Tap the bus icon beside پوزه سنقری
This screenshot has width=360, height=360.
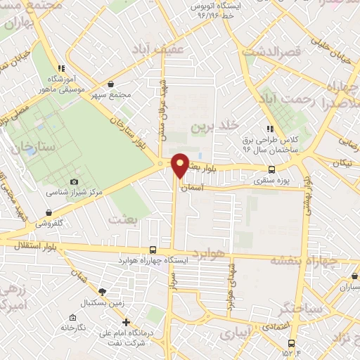click(x=272, y=169)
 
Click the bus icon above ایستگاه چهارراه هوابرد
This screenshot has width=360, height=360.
click(x=153, y=250)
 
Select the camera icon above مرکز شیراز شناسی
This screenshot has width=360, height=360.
click(x=74, y=182)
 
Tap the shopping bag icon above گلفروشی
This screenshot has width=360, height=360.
click(x=49, y=212)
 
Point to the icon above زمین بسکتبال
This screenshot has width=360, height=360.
click(x=102, y=291)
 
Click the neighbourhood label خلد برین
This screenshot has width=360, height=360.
click(x=210, y=127)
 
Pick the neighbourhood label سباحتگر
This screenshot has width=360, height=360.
click(x=281, y=308)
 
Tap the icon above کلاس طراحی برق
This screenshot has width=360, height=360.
click(x=269, y=129)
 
